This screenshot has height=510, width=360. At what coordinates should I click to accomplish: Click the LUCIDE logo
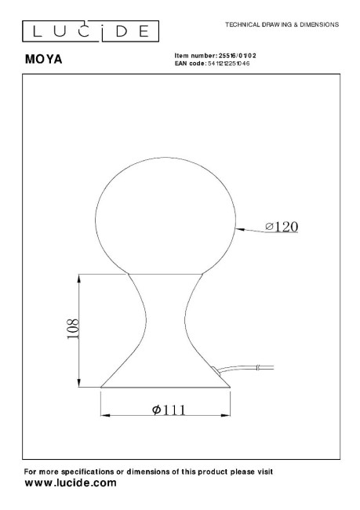90,31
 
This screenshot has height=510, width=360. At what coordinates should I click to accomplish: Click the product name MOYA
44,59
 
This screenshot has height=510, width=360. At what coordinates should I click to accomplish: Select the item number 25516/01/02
237,56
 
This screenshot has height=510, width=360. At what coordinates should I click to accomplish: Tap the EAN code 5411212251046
228,64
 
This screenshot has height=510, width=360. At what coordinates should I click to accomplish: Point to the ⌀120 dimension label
282,227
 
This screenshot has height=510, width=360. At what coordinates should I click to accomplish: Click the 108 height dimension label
73,329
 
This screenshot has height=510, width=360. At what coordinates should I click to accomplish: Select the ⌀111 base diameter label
169,410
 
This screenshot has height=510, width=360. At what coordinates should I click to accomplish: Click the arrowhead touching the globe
240,229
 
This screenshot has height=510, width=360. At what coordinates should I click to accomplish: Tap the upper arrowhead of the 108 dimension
78,279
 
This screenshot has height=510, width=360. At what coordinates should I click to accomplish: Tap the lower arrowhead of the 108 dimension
78,383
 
